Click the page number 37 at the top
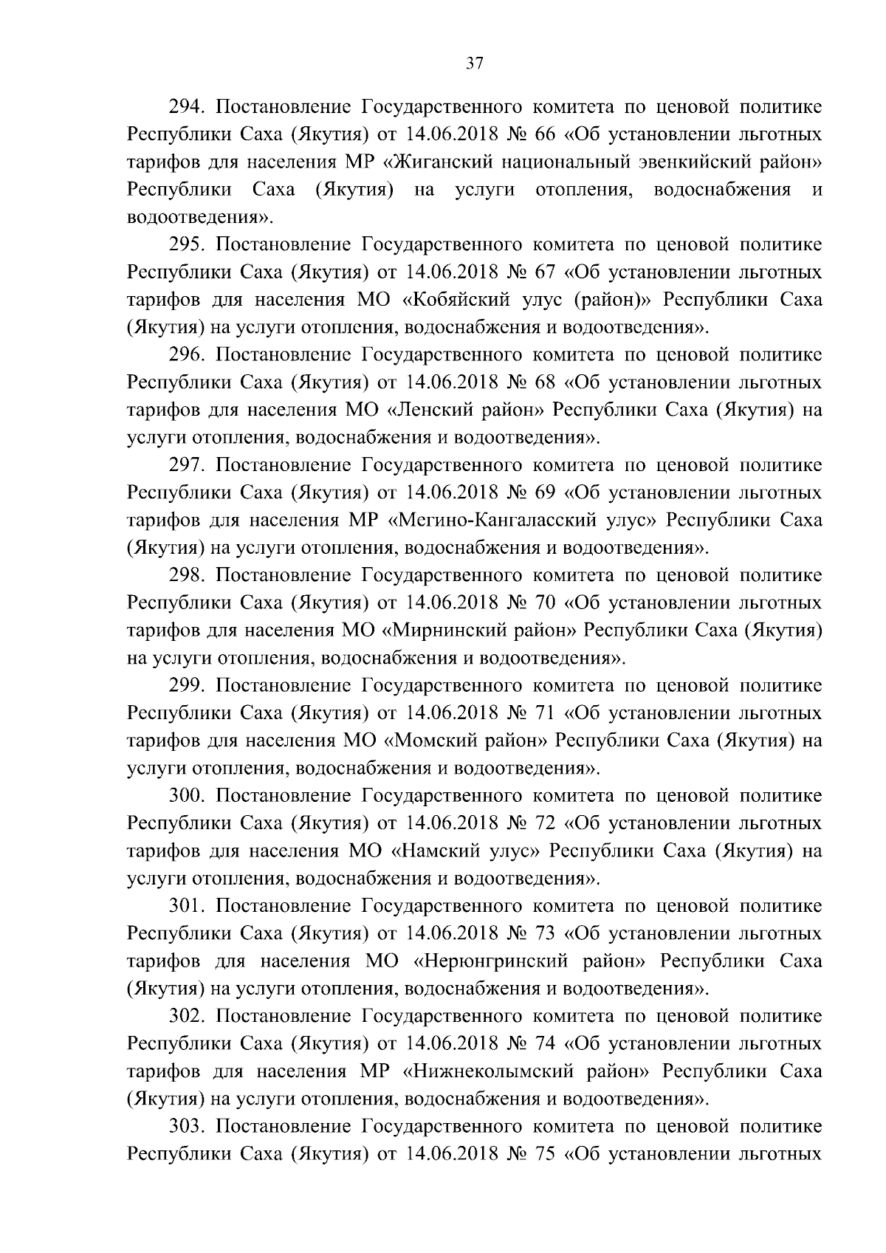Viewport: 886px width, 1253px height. [x=474, y=63]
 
